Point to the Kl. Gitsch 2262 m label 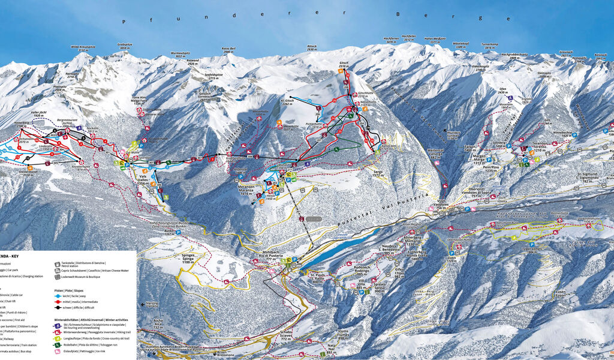(287, 103)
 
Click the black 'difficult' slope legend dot (57, 307)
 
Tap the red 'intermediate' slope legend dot (57, 301)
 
